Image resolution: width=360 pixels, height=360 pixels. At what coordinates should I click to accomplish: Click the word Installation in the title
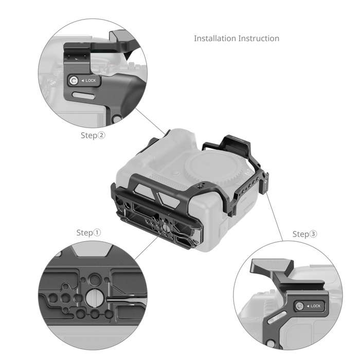click(x=215, y=39)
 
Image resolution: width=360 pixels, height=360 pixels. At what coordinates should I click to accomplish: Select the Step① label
click(x=88, y=232)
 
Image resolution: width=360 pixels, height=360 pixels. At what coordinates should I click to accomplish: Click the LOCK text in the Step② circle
click(x=90, y=81)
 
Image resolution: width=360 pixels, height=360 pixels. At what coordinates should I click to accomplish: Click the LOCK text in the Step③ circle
click(x=315, y=307)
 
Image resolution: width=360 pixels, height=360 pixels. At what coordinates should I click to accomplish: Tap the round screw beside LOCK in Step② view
click(x=75, y=80)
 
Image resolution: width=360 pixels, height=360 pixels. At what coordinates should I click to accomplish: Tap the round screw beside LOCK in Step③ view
click(x=299, y=307)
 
